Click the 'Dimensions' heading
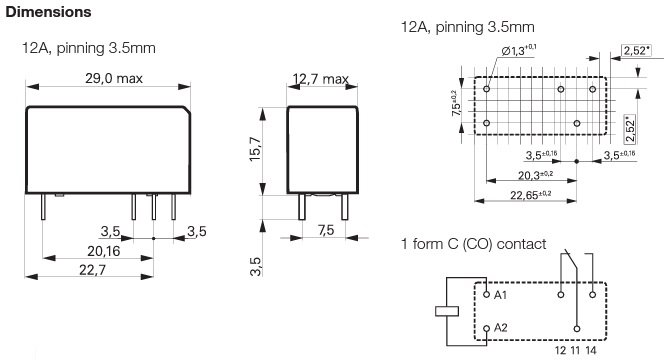coord(49,13)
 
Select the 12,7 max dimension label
coord(320,79)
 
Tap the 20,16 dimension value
coord(103,251)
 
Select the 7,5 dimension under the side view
coord(325,230)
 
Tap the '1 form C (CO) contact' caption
coord(474,244)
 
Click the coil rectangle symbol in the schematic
coord(448,311)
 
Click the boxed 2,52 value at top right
coord(634,50)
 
